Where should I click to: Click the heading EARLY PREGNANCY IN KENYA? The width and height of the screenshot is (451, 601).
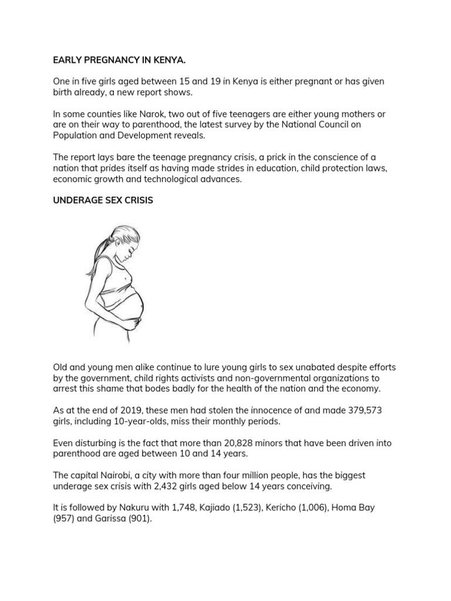(119, 60)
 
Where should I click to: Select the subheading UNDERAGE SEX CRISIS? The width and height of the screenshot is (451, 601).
(103, 200)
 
